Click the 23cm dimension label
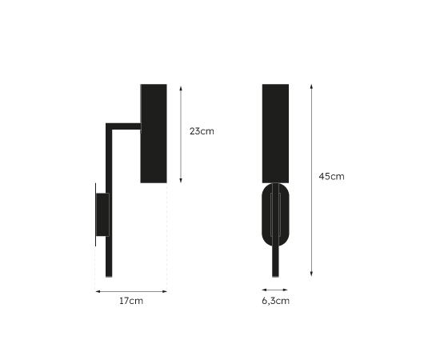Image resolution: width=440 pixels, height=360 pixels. [202, 131]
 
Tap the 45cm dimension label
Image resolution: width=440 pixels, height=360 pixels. [331, 176]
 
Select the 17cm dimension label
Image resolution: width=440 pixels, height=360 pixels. [131, 301]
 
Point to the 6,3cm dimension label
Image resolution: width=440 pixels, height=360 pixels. [275, 301]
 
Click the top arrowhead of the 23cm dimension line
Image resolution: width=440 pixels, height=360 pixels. [181, 88]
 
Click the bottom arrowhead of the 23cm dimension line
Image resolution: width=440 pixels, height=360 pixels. [181, 181]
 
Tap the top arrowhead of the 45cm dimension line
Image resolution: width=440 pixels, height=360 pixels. [311, 86]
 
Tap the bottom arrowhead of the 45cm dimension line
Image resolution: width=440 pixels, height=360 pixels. [311, 274]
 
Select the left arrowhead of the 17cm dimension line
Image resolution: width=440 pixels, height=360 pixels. [98, 291]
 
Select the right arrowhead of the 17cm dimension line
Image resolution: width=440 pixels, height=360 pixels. [165, 291]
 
